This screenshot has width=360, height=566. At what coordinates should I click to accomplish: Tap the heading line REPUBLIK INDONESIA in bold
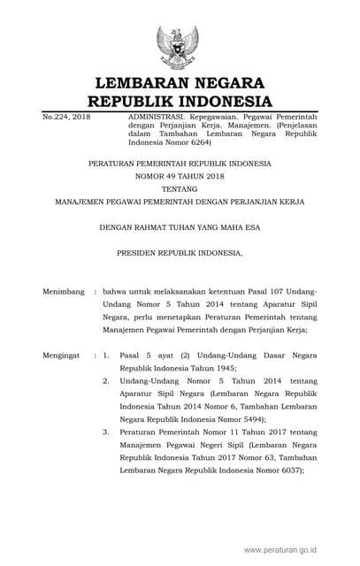[x=183, y=102]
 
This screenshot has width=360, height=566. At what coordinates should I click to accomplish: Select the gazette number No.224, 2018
[x=66, y=117]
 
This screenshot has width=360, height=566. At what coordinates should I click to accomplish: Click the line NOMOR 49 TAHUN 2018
[x=180, y=177]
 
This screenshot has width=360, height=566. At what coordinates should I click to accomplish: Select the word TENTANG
[x=180, y=189]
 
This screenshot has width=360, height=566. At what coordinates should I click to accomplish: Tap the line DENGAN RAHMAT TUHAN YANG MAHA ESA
[x=180, y=227]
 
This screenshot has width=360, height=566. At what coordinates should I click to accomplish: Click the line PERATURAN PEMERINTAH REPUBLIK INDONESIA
[x=180, y=164]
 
